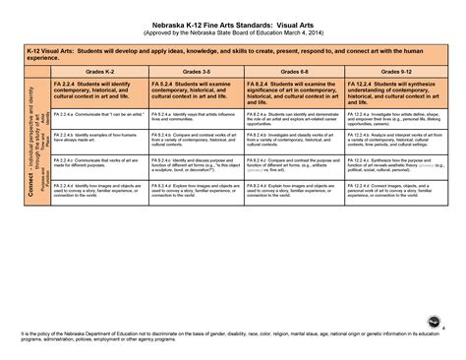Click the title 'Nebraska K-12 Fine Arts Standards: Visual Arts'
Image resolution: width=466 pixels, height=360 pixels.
(233, 21)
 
